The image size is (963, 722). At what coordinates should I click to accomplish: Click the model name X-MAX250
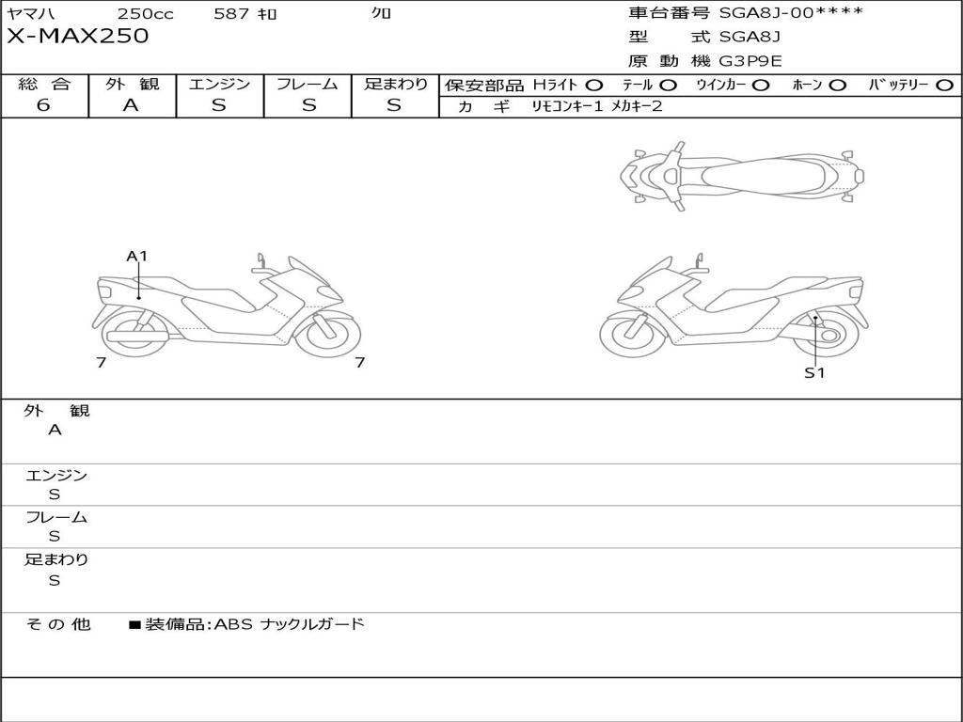pyautogui.click(x=77, y=36)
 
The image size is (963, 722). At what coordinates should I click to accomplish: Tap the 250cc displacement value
pyautogui.click(x=145, y=13)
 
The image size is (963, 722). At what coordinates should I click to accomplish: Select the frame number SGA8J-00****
pyautogui.click(x=791, y=12)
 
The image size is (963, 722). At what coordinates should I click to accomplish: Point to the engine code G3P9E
pyautogui.click(x=750, y=61)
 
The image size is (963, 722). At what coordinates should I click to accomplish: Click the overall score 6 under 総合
pyautogui.click(x=43, y=105)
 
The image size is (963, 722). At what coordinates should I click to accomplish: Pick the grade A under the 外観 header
pyautogui.click(x=131, y=105)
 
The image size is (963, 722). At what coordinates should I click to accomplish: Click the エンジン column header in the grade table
pyautogui.click(x=219, y=84)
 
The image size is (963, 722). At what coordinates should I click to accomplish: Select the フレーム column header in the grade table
pyautogui.click(x=308, y=84)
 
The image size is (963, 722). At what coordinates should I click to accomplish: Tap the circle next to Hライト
pyautogui.click(x=594, y=86)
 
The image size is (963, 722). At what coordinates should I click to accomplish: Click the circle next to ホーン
pyautogui.click(x=837, y=86)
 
